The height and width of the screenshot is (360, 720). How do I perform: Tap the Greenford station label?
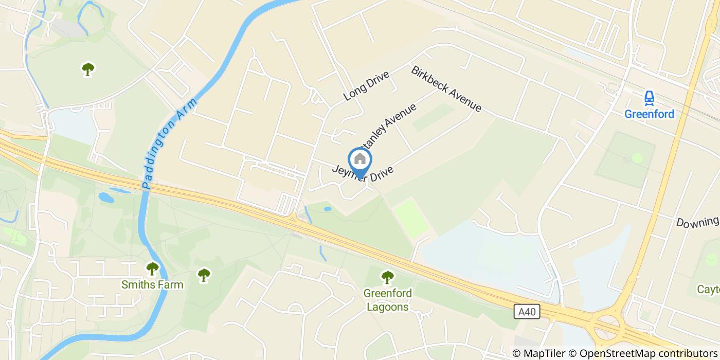649,114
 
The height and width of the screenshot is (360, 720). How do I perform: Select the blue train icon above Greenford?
649,98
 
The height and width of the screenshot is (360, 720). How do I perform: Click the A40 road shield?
527,311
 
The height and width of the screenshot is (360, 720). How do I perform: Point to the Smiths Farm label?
152,284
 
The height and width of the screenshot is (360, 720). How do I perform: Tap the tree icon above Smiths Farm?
152,268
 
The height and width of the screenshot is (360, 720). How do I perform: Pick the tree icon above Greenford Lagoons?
387,277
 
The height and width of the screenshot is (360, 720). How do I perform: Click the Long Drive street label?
366,85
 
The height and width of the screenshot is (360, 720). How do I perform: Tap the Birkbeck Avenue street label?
446,88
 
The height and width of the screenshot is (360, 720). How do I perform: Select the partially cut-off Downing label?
697,222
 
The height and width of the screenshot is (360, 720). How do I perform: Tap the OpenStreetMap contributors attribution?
643,353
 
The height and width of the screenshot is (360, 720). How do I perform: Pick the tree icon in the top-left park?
88,68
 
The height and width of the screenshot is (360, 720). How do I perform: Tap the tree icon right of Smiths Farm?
204,275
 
